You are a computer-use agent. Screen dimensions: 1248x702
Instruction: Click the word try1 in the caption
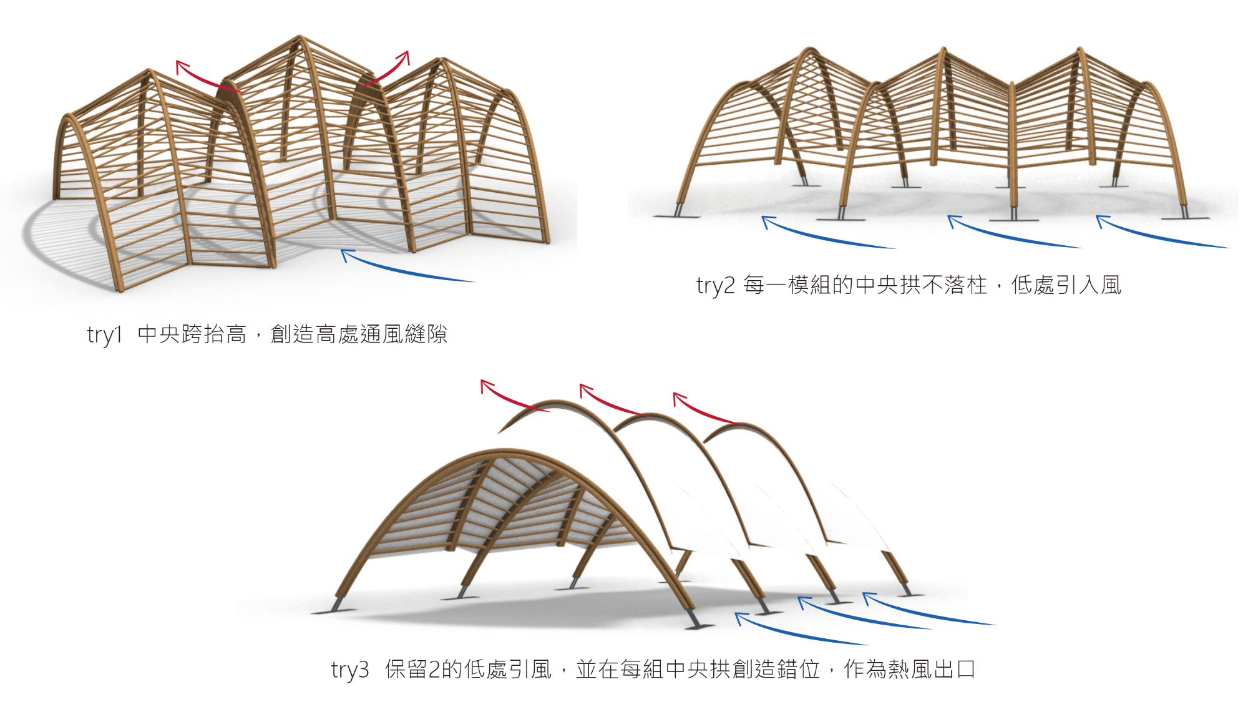tap(105, 335)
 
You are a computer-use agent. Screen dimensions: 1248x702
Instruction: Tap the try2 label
tap(715, 285)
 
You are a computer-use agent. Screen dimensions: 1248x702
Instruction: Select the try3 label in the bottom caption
tap(350, 670)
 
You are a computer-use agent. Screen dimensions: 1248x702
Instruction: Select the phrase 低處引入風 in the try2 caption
tap(1066, 285)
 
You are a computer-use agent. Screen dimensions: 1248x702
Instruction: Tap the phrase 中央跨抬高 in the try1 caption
tap(192, 334)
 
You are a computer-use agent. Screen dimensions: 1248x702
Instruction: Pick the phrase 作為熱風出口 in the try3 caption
tap(910, 670)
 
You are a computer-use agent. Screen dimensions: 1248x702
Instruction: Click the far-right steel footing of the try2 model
tap(1184, 213)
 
